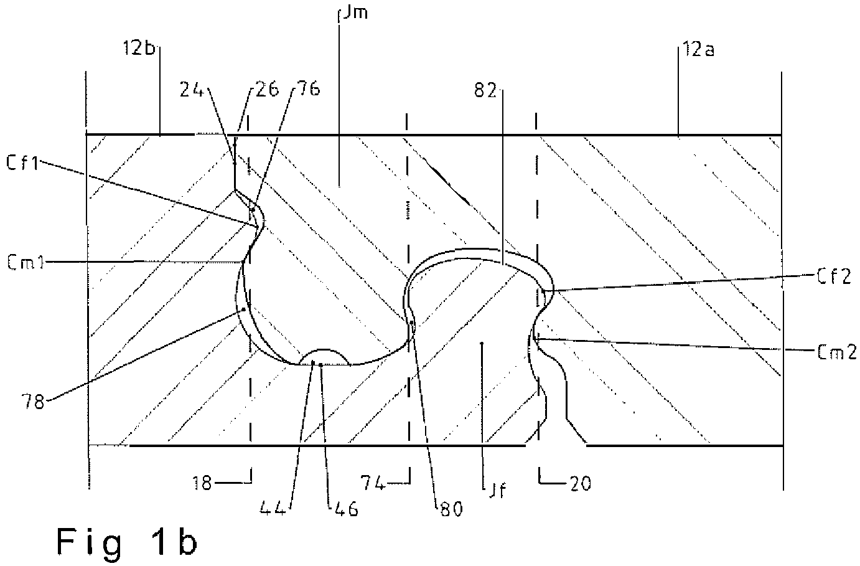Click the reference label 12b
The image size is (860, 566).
pyautogui.click(x=139, y=49)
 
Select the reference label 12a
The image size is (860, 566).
pyautogui.click(x=698, y=50)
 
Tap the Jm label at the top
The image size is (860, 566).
pyautogui.click(x=355, y=12)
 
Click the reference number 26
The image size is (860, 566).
pyautogui.click(x=267, y=90)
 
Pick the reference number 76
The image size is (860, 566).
pyautogui.click(x=308, y=89)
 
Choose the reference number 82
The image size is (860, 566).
pyautogui.click(x=485, y=91)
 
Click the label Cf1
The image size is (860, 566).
pyautogui.click(x=22, y=163)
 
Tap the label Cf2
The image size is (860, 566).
pyautogui.click(x=833, y=276)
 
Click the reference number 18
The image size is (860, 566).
pyautogui.click(x=202, y=483)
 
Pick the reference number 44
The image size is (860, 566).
pyautogui.click(x=273, y=509)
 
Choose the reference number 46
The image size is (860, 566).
pyautogui.click(x=345, y=509)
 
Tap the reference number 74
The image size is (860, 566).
pyautogui.click(x=372, y=483)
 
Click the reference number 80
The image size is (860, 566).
pyautogui.click(x=452, y=509)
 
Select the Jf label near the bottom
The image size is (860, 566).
pyautogui.click(x=497, y=490)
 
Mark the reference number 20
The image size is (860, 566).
pyautogui.click(x=580, y=484)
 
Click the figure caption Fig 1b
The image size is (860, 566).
pyautogui.click(x=127, y=543)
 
